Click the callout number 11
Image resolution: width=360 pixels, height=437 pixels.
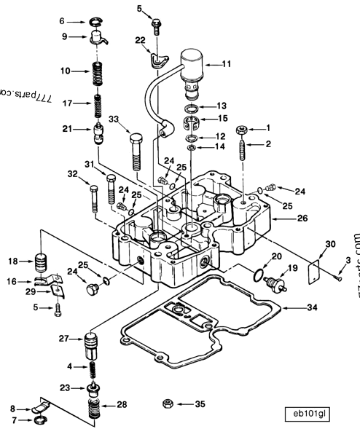pos(227,64)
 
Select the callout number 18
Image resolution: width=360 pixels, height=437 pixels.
pos(14,261)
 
